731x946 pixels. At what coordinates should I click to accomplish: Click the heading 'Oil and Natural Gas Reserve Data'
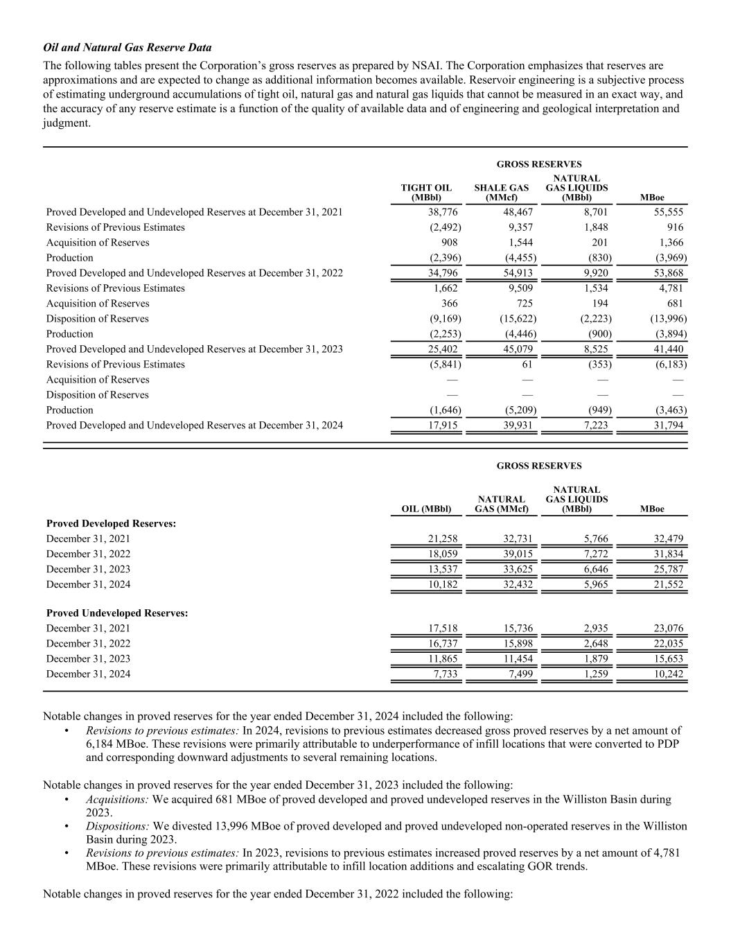127,48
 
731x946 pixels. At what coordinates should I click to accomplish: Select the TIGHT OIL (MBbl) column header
426,193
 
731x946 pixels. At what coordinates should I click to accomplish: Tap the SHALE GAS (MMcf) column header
501,193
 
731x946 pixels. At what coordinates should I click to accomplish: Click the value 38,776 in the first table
443,212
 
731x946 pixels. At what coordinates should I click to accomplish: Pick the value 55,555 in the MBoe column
669,212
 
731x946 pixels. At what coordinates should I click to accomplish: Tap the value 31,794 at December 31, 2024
669,426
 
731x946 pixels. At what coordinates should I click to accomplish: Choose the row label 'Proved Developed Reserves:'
111,523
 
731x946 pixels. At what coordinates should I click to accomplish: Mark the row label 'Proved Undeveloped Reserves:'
117,613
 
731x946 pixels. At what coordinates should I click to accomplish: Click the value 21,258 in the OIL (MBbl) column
443,538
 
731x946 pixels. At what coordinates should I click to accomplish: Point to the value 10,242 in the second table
669,674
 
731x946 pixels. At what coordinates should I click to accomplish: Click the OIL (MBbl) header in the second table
426,509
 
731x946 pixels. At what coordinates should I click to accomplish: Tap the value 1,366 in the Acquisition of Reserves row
670,243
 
